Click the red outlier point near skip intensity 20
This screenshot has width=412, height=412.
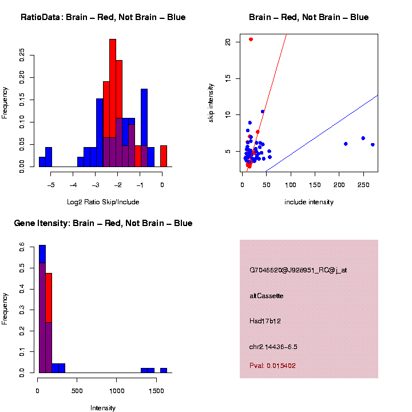pyautogui.click(x=251, y=39)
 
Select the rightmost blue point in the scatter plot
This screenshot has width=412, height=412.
pyautogui.click(x=373, y=145)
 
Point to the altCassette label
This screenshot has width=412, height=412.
pyautogui.click(x=266, y=296)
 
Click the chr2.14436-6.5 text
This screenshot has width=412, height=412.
pyautogui.click(x=273, y=347)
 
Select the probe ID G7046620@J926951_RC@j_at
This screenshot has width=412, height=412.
pyautogui.click(x=298, y=270)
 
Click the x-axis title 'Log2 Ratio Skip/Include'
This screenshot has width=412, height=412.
pyautogui.click(x=102, y=202)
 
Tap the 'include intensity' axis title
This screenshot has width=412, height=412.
pyautogui.click(x=309, y=202)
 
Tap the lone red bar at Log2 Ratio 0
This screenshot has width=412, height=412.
pyautogui.click(x=164, y=156)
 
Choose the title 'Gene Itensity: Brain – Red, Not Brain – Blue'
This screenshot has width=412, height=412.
pyautogui.click(x=103, y=223)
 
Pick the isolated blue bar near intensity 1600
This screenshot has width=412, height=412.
pyautogui.click(x=164, y=370)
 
